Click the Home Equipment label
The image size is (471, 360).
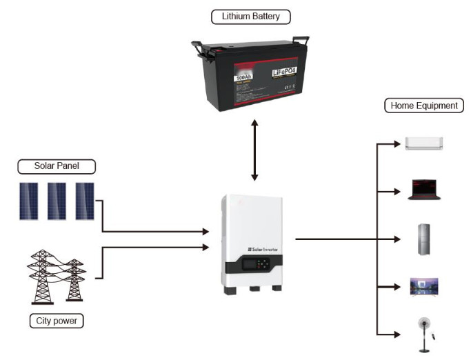[x=423, y=106]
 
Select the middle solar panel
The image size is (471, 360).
[x=57, y=201]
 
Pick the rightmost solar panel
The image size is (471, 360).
[x=84, y=201]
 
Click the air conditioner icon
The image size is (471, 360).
[x=424, y=143]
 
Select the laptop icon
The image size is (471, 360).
[x=424, y=189]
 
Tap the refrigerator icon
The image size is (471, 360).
[x=424, y=239]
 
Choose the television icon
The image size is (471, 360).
[x=424, y=286]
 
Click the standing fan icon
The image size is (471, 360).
[x=424, y=330]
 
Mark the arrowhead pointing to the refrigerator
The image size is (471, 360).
[x=398, y=239]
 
